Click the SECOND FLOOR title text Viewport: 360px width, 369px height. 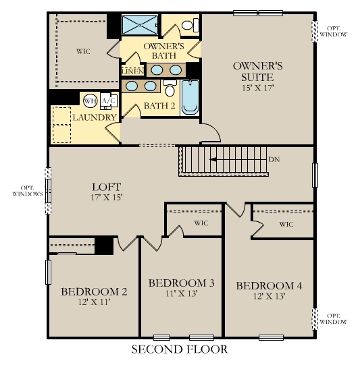tap(179, 349)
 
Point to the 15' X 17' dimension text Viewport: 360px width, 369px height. tap(257, 88)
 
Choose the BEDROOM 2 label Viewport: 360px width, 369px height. tap(94, 291)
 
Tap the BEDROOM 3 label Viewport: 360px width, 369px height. tap(181, 283)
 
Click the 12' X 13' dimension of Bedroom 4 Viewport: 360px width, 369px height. tap(269, 297)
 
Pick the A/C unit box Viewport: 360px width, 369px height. tap(107, 101)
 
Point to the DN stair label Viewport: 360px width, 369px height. tap(274, 160)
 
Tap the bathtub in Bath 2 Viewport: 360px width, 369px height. tap(190, 97)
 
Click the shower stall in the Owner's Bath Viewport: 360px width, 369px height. tap(139, 26)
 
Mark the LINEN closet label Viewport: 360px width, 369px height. tap(131, 70)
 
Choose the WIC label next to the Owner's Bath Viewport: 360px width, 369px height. tap(82, 51)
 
